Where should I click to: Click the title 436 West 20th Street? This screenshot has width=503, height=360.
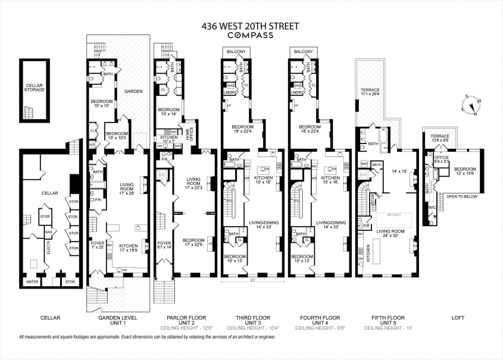[251, 26]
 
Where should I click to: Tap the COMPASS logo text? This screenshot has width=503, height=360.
[251, 35]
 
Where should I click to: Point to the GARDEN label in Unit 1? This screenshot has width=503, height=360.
[133, 91]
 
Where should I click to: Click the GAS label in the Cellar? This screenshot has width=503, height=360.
[49, 231]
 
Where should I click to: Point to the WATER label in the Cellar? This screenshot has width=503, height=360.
[32, 281]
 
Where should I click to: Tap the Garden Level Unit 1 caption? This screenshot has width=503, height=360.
[117, 320]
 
